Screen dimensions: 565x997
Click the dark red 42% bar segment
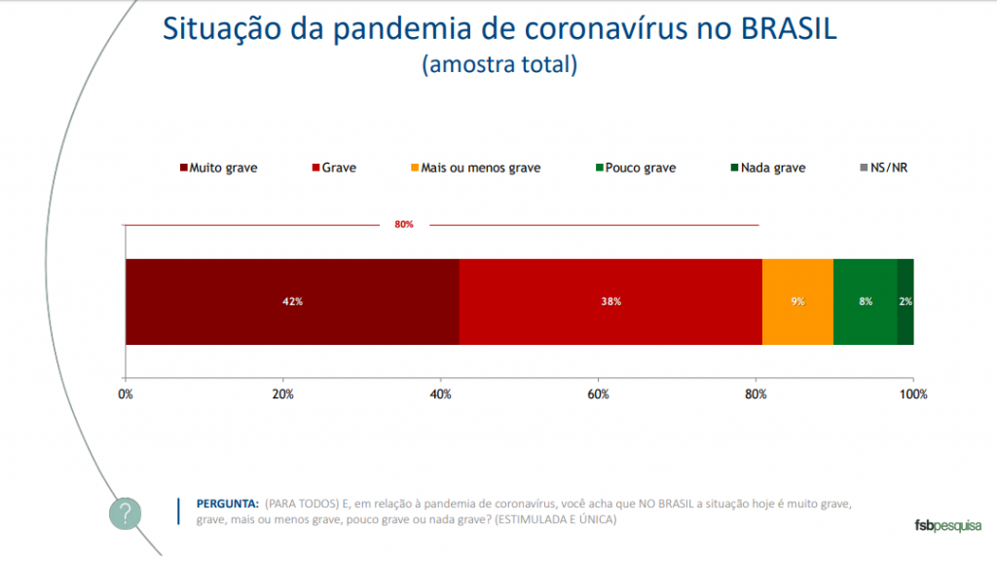coord(292,302)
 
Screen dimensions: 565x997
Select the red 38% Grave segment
coord(610,302)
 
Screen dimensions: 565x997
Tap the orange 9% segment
coord(797,302)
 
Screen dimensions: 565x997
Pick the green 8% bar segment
coord(865,302)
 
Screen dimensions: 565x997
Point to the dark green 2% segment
coord(905,302)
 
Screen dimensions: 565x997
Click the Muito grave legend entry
coord(218,168)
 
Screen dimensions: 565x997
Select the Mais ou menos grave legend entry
coord(475,168)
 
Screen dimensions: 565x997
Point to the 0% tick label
coord(125,394)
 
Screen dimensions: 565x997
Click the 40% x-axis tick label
coord(441,394)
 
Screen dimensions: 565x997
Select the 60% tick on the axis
coord(599,394)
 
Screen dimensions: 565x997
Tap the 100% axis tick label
coord(913,394)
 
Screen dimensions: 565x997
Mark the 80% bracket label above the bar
coord(404,225)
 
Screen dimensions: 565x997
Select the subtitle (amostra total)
coord(499,65)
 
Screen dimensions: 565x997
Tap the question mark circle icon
coord(125,513)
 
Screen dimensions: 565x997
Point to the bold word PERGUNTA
coord(228,504)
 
